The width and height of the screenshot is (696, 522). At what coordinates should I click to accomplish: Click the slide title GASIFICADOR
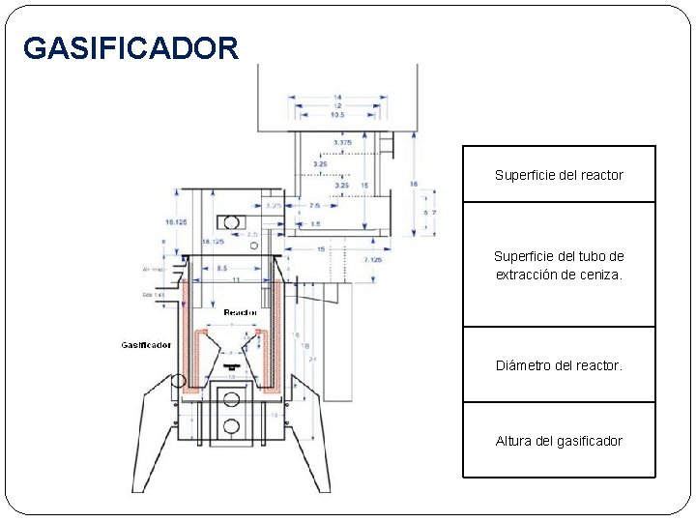click(x=130, y=47)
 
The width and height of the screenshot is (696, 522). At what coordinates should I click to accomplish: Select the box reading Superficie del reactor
click(x=559, y=175)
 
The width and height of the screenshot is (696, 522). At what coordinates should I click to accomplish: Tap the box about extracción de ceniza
click(x=559, y=265)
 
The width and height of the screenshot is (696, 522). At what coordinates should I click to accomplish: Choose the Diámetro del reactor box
click(x=559, y=365)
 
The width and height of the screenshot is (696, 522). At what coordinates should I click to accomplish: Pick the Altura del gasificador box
click(x=559, y=441)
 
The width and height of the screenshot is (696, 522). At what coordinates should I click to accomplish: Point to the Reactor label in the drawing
click(x=240, y=312)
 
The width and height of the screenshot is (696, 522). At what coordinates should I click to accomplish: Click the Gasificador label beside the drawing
click(x=146, y=345)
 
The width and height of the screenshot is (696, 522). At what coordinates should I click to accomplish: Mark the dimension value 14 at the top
click(x=336, y=97)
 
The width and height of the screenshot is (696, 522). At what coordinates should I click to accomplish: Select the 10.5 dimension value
click(x=336, y=115)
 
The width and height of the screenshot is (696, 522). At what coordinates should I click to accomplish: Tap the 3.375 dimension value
click(x=342, y=142)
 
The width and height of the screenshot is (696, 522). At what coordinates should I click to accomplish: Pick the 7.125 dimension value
click(x=371, y=260)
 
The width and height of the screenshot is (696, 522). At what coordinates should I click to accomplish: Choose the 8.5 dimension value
click(x=221, y=267)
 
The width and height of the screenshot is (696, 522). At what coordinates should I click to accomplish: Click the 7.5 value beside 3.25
click(x=314, y=206)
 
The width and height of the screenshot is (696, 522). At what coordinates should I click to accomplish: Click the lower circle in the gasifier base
click(x=231, y=426)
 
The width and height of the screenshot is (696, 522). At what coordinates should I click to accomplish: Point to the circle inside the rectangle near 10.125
click(x=231, y=219)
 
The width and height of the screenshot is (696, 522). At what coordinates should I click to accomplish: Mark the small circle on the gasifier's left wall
click(x=178, y=380)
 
